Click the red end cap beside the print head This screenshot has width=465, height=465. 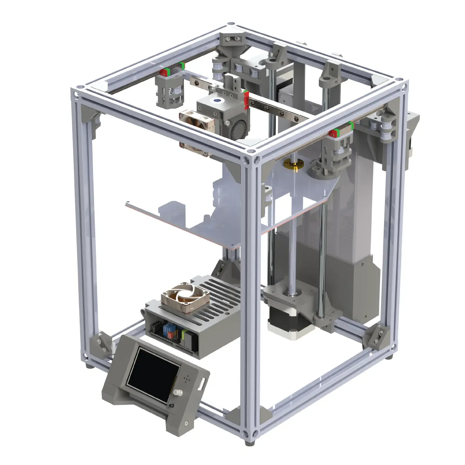click(247, 100)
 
